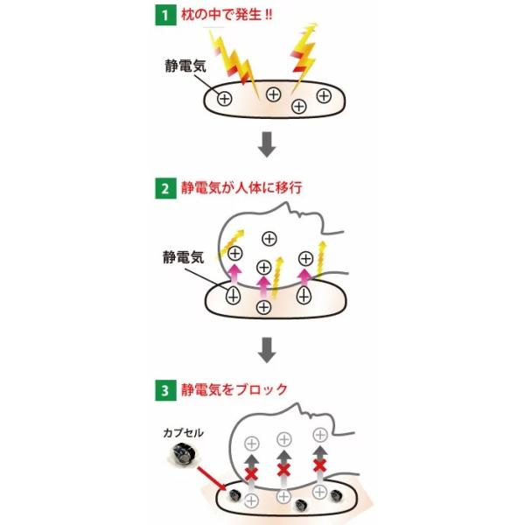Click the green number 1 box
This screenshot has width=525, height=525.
tap(163, 15)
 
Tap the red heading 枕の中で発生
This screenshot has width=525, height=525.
tap(223, 15)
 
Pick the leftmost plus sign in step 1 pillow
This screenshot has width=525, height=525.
tap(224, 99)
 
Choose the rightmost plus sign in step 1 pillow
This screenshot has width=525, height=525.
tap(324, 95)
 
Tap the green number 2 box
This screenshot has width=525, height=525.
tap(163, 189)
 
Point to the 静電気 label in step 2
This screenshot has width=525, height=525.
tap(181, 257)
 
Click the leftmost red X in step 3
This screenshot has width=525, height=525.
tap(251, 473)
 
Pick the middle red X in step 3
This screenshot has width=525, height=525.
tap(283, 471)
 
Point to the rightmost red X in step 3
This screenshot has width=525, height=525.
tap(320, 465)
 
